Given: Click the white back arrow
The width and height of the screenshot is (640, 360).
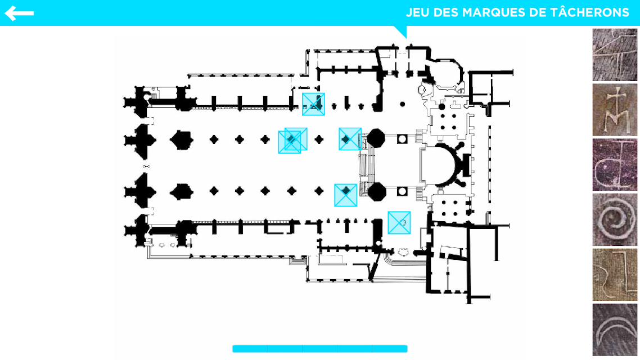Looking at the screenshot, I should pyautogui.click(x=19, y=13).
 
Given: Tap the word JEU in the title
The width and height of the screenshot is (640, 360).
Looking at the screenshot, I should pyautogui.click(x=418, y=12).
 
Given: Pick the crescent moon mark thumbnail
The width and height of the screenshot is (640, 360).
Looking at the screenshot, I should pyautogui.click(x=615, y=330).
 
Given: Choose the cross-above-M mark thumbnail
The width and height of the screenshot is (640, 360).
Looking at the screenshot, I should pyautogui.click(x=615, y=110).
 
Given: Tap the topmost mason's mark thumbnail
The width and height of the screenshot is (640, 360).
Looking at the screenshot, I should pyautogui.click(x=615, y=55).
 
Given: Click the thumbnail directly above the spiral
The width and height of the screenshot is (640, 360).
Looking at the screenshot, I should pyautogui.click(x=615, y=165).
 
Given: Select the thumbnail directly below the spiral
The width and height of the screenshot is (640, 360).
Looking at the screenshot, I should pyautogui.click(x=615, y=274).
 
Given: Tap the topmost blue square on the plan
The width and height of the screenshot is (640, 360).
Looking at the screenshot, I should pyautogui.click(x=313, y=104).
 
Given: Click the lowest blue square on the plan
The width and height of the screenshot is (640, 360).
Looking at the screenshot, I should pyautogui.click(x=399, y=223).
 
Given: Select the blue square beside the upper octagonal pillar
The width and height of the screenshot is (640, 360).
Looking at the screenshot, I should pyautogui.click(x=350, y=139).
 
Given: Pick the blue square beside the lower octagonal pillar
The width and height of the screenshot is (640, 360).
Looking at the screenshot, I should pyautogui.click(x=346, y=195).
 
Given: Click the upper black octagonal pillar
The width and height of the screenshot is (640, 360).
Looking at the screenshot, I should pyautogui.click(x=375, y=138).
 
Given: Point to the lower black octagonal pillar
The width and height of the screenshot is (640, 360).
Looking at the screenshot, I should pyautogui.click(x=376, y=191).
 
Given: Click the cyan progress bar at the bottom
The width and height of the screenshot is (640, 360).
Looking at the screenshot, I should pyautogui.click(x=319, y=349).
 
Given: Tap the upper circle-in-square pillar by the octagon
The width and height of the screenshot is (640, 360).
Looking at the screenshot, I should pyautogui.click(x=402, y=138).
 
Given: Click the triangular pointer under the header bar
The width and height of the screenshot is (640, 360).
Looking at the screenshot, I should pyautogui.click(x=400, y=31).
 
